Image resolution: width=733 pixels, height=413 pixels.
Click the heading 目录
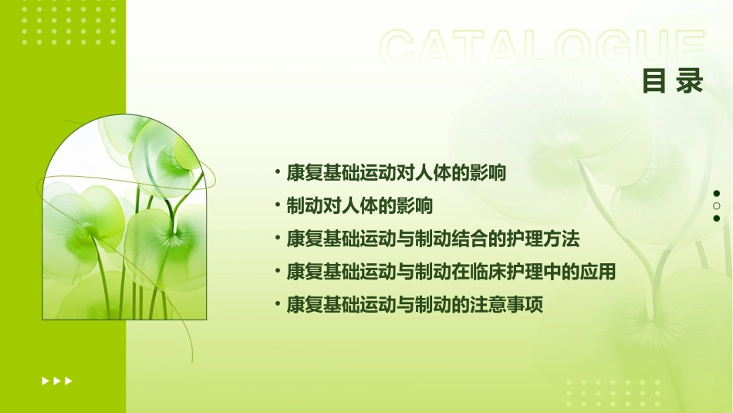[673, 81]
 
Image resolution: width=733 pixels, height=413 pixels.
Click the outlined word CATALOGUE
[542, 49]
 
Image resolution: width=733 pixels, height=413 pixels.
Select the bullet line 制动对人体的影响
[359, 206]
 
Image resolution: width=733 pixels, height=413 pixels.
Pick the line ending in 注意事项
[414, 305]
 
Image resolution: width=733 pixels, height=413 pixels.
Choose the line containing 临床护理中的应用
[451, 272]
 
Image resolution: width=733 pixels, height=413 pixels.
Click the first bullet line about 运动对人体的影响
[396, 173]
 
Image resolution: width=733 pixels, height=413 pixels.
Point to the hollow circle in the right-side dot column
[717, 206]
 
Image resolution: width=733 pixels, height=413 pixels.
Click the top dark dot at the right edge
[717, 194]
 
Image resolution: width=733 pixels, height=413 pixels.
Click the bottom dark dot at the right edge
[717, 218]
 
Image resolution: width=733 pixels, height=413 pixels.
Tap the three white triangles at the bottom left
[57, 381]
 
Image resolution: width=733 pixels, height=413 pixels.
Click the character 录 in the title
[690, 81]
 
